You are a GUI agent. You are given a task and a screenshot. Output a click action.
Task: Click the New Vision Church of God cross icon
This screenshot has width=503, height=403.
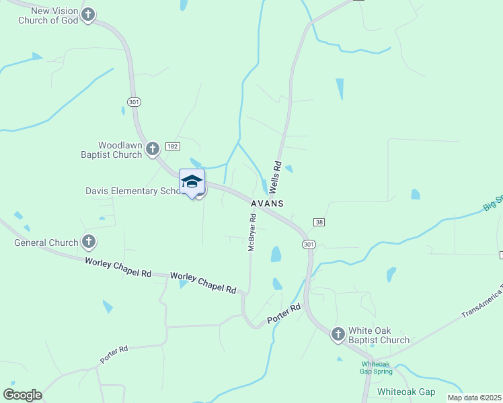pyautogui.click(x=88, y=14)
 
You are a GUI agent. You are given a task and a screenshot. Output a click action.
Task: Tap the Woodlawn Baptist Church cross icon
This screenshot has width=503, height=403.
pyautogui.click(x=153, y=148)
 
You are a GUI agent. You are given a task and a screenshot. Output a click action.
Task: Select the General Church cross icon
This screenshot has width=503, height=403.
pyautogui.click(x=88, y=242)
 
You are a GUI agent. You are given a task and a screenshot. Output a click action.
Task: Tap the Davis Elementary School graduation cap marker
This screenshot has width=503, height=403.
pyautogui.click(x=192, y=182)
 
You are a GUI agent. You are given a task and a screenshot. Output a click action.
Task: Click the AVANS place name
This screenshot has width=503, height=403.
pyautogui.click(x=267, y=203)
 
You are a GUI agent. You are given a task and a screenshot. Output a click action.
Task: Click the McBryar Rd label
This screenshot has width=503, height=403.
pyautogui.click(x=253, y=232)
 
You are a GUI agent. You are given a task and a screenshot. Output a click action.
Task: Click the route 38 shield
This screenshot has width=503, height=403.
pyautogui.click(x=319, y=222)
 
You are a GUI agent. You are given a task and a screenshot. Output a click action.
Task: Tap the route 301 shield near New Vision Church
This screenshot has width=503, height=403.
pyautogui.click(x=134, y=101)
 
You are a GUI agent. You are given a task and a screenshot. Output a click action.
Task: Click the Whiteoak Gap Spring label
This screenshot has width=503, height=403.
pyautogui.click(x=375, y=367)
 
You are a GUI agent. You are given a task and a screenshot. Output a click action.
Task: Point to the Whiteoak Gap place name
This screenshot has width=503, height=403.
pyautogui.click(x=405, y=392)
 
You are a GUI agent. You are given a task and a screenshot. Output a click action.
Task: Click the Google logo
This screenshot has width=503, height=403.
pyautogui.click(x=22, y=394)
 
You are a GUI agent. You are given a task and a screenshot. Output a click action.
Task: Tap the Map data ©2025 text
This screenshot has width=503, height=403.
pyautogui.click(x=474, y=398)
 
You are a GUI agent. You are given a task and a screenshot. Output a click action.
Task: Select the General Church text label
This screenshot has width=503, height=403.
pyautogui.click(x=46, y=242)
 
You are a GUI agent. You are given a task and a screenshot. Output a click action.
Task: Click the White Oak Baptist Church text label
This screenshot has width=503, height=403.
pyautogui.click(x=379, y=335)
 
